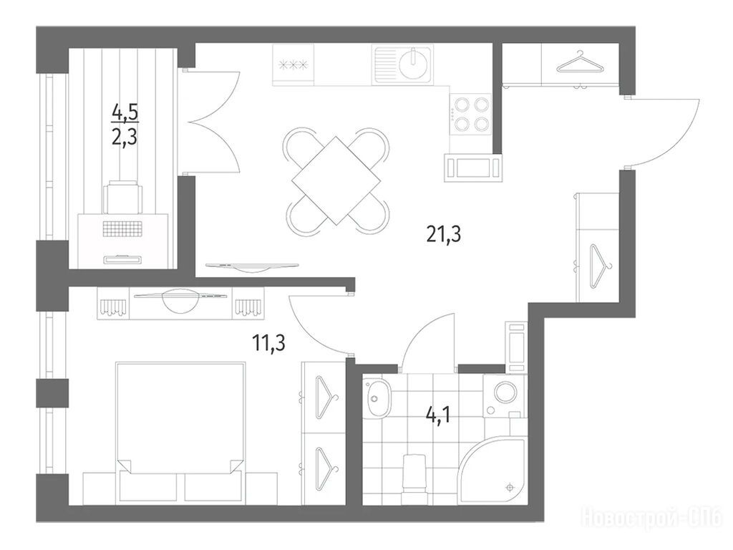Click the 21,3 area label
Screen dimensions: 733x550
[444, 234]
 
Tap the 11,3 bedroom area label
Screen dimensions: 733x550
[269, 343]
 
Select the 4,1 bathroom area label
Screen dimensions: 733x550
[438, 415]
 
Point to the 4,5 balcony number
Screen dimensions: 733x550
[126, 112]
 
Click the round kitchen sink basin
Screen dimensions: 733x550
[414, 64]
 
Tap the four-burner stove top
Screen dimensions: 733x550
[471, 114]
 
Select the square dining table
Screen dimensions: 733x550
[336, 180]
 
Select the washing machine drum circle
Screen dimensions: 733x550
[505, 392]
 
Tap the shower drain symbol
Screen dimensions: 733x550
[510, 488]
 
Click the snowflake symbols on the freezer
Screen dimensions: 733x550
[293, 65]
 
